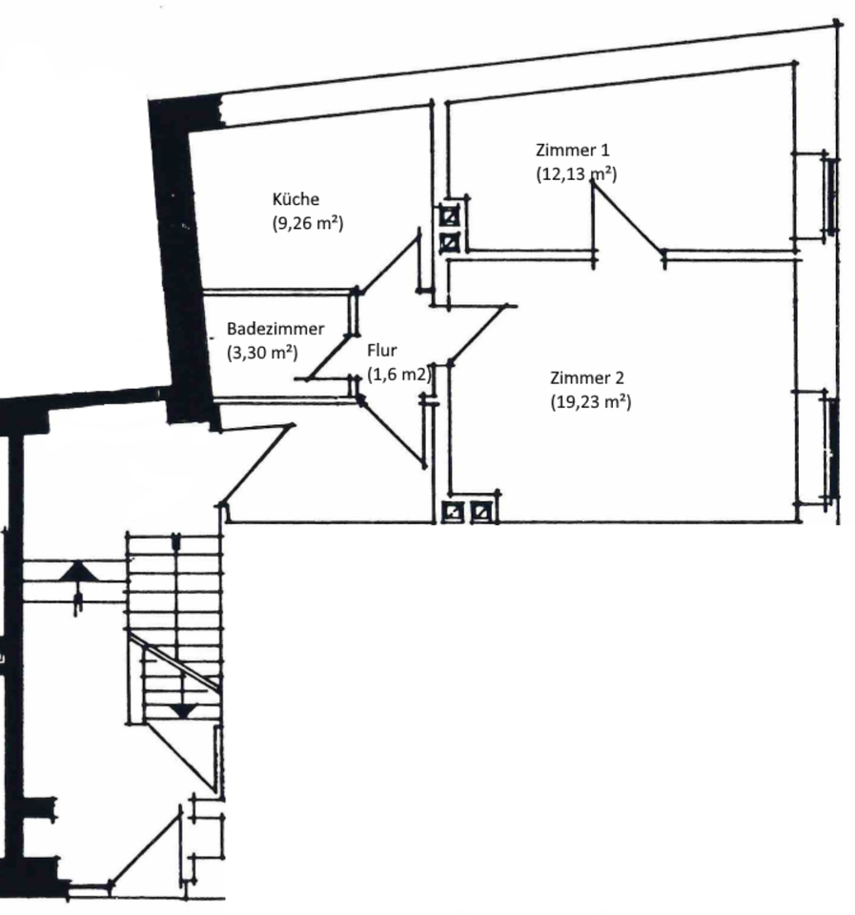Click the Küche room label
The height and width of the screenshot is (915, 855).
[x=295, y=199]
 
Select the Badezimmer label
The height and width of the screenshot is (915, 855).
[x=275, y=328]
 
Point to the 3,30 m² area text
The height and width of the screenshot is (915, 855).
[x=261, y=352]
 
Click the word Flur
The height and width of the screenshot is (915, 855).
[x=381, y=350]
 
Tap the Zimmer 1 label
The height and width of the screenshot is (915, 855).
[x=573, y=150]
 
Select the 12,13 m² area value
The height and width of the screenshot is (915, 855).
[x=577, y=173]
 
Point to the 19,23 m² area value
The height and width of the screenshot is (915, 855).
[x=591, y=402]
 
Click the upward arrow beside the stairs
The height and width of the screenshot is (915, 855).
[x=78, y=572]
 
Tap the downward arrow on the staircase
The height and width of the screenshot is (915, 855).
[x=181, y=709]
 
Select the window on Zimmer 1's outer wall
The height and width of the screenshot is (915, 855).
[x=831, y=195]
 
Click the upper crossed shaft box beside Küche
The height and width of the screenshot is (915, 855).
[x=449, y=215]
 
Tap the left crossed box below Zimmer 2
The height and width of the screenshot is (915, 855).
[x=454, y=513]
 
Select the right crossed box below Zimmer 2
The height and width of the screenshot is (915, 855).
[x=483, y=513]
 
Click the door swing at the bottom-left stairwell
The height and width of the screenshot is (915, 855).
[x=143, y=848]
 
